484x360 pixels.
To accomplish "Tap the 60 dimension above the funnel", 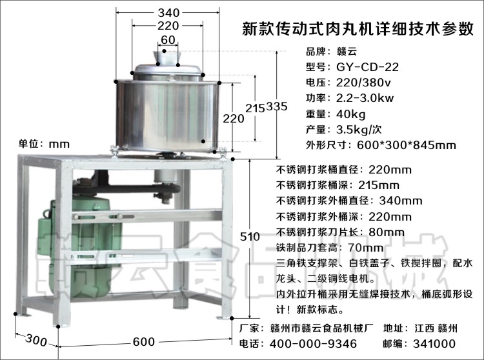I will pyautogui.click(x=168, y=39).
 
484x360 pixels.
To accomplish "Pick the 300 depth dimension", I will pyautogui.click(x=37, y=340).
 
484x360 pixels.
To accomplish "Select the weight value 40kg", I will pyautogui.click(x=350, y=114).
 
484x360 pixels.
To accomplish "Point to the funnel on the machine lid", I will pyautogui.click(x=167, y=55).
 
